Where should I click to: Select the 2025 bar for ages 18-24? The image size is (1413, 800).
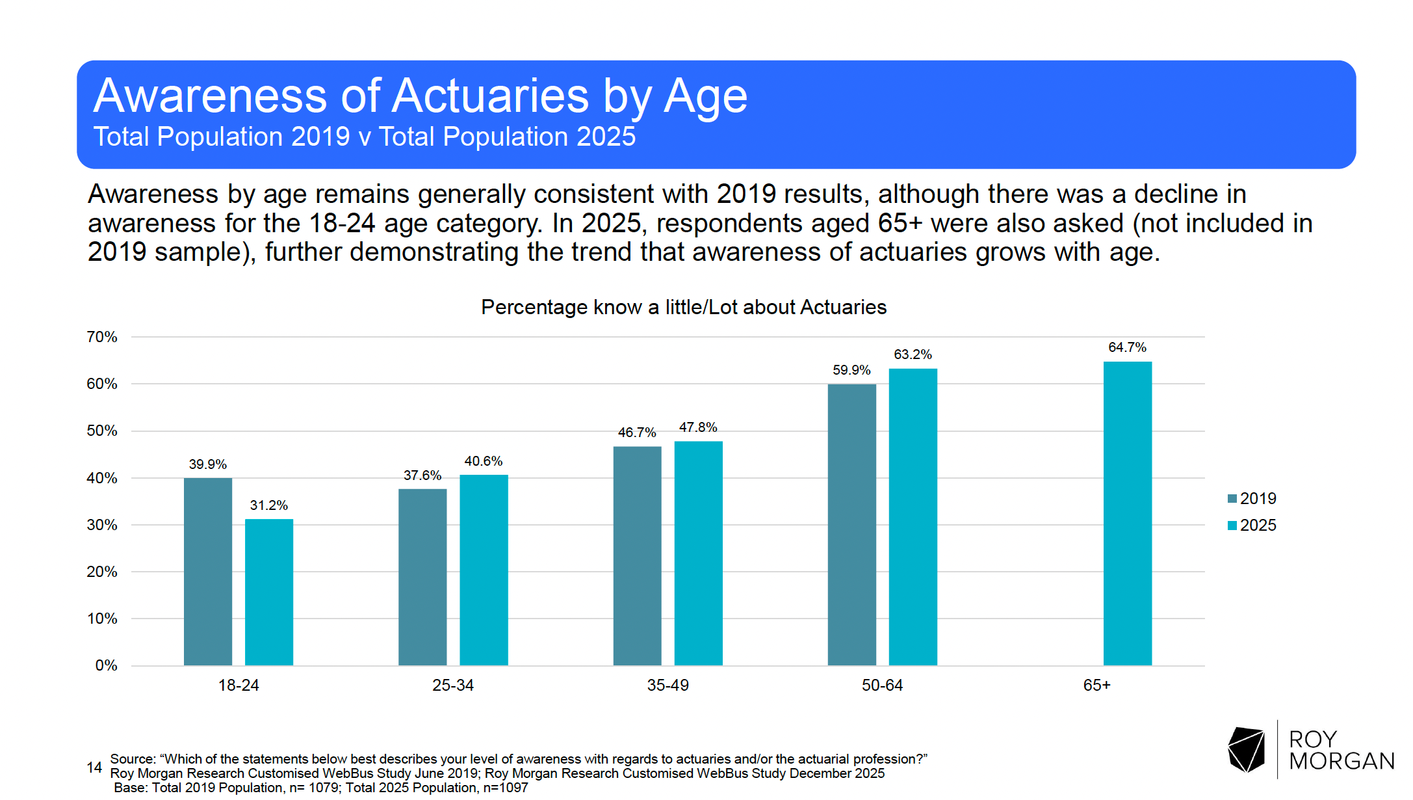pyautogui.click(x=269, y=592)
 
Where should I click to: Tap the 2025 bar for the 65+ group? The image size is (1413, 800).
pyautogui.click(x=1127, y=514)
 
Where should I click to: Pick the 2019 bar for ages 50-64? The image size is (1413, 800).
pyautogui.click(x=851, y=524)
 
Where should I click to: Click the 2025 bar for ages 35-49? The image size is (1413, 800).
pyautogui.click(x=698, y=553)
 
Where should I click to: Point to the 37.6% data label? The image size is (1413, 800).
pyautogui.click(x=422, y=475)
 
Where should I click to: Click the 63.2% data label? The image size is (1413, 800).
pyautogui.click(x=913, y=354)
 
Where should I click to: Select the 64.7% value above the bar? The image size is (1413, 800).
pyautogui.click(x=1127, y=347)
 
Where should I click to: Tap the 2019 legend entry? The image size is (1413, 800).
pyautogui.click(x=1252, y=499)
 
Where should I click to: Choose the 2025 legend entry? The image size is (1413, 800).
pyautogui.click(x=1252, y=526)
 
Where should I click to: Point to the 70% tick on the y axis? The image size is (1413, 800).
pyautogui.click(x=102, y=337)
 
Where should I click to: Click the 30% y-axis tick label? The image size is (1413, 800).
pyautogui.click(x=102, y=525)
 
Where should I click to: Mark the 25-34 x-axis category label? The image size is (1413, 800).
pyautogui.click(x=453, y=685)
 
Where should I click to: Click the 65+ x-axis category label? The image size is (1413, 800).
pyautogui.click(x=1096, y=685)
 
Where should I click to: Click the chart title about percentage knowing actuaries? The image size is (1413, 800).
pyautogui.click(x=683, y=307)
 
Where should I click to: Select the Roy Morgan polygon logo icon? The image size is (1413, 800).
pyautogui.click(x=1246, y=749)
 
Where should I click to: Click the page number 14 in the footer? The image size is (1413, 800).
pyautogui.click(x=94, y=767)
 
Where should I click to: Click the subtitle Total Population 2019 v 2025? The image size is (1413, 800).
pyautogui.click(x=364, y=137)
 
